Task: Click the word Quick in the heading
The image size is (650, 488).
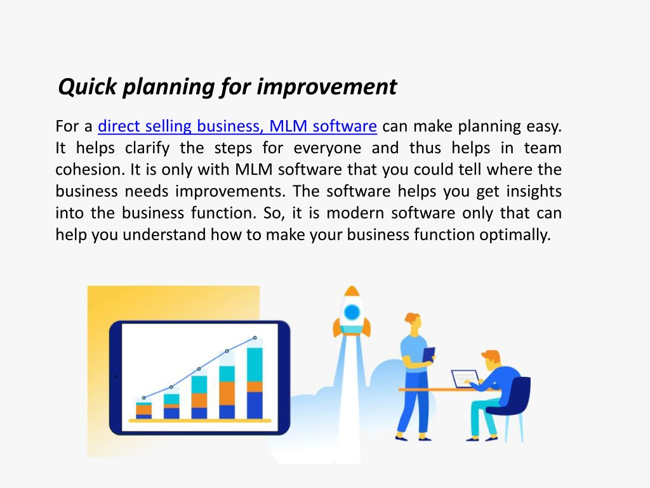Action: [x=88, y=87]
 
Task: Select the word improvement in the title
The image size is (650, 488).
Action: [x=327, y=86]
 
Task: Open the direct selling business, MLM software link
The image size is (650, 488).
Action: [x=237, y=126]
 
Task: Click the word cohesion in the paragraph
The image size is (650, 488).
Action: [x=90, y=169]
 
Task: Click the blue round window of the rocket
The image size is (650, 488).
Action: [x=352, y=312]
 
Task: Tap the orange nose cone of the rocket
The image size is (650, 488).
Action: [x=352, y=290]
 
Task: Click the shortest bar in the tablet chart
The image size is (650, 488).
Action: [x=144, y=410]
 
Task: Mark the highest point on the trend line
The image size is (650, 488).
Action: [x=255, y=338]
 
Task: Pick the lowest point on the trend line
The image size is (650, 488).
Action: [x=144, y=398]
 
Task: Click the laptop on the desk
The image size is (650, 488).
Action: [x=465, y=379]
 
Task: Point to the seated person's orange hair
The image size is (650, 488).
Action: [x=492, y=356]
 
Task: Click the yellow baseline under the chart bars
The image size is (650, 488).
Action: [x=200, y=421]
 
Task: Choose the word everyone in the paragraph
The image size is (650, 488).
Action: [x=327, y=148]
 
